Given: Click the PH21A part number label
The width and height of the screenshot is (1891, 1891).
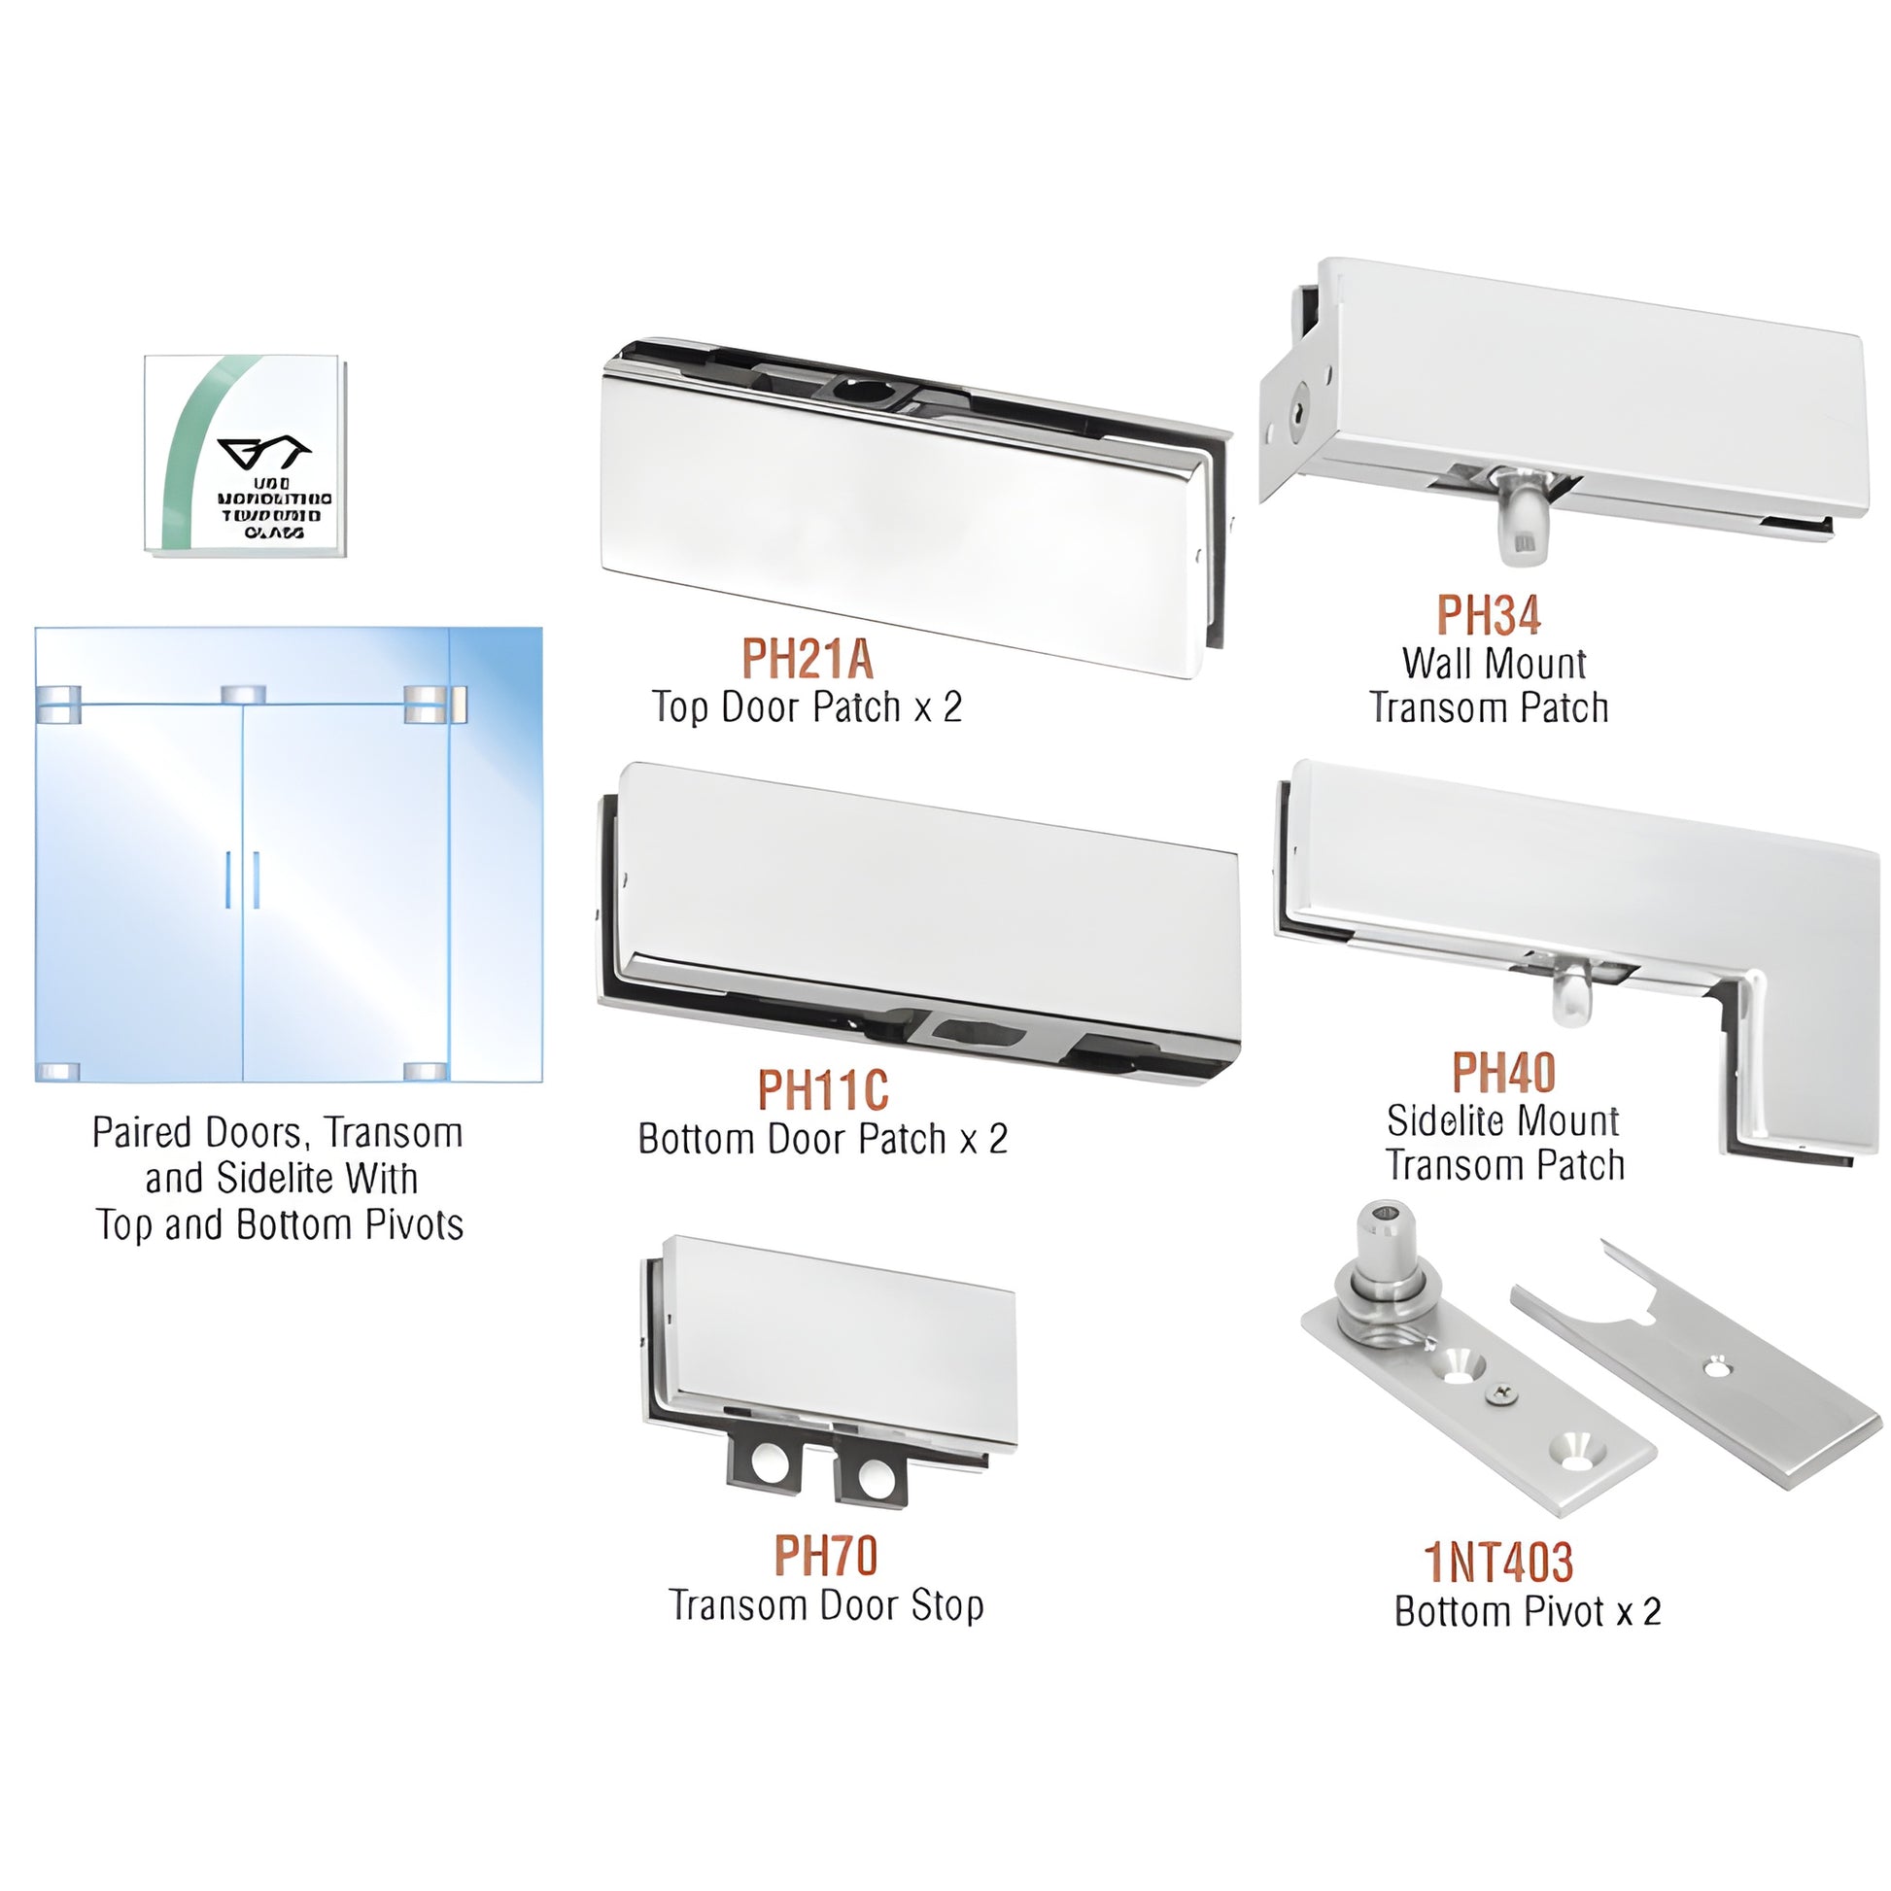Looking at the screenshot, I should coord(808,659).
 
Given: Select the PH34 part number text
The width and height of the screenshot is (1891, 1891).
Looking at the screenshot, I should coord(1488,616).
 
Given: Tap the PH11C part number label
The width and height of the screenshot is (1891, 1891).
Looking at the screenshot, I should coord(823,1089).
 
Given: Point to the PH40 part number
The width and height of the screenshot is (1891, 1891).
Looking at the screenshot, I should coord(1503,1073).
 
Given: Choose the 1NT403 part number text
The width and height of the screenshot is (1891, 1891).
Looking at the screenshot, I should coord(1498,1563).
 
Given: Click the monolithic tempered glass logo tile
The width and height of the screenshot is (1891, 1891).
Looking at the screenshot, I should coord(244,456).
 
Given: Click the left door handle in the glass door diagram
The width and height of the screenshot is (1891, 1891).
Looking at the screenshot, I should coord(228,879).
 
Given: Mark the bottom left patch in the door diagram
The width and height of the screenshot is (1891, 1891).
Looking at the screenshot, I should coord(56,1071).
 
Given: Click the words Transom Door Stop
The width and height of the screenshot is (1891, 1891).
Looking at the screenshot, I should coord(826,1605).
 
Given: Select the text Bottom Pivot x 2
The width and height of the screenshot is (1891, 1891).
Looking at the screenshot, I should coord(1527,1611).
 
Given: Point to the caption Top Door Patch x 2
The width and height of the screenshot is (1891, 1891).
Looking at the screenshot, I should coord(808,706).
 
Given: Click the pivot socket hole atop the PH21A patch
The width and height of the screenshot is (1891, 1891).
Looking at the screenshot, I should coord(862,390).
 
